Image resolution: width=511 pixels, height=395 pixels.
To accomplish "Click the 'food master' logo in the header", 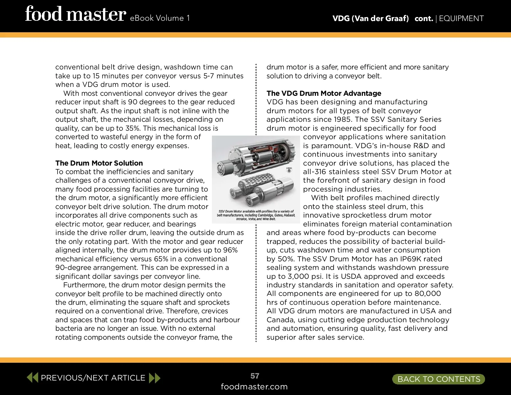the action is pyautogui.click(x=75, y=14).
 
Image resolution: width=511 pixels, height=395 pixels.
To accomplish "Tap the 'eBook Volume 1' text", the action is pyautogui.click(x=160, y=18).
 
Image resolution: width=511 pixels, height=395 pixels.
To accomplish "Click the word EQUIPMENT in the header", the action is pyautogui.click(x=461, y=18).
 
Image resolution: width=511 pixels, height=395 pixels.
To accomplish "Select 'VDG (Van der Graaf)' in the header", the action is pyautogui.click(x=370, y=18).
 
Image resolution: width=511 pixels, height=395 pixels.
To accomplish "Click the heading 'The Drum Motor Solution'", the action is pyautogui.click(x=99, y=163).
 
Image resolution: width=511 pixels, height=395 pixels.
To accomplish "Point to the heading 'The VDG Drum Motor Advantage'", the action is pyautogui.click(x=324, y=93).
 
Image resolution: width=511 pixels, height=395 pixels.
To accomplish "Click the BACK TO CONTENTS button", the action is pyautogui.click(x=439, y=379).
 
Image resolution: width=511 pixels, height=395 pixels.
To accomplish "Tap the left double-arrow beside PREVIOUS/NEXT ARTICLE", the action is pyautogui.click(x=33, y=377).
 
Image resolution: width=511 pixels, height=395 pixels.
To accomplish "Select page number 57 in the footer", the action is pyautogui.click(x=255, y=376).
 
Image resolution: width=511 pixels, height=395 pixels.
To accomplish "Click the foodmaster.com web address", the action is pyautogui.click(x=254, y=387).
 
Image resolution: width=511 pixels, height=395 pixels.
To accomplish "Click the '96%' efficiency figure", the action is pyautogui.click(x=229, y=250).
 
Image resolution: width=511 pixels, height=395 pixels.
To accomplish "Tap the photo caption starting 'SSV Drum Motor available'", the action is pyautogui.click(x=256, y=215).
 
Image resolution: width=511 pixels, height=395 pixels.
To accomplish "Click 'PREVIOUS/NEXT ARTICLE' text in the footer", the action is pyautogui.click(x=93, y=378).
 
